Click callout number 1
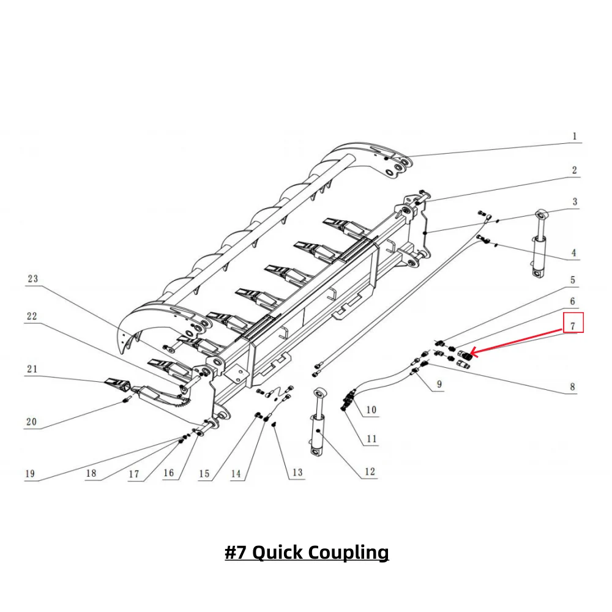click(x=574, y=136)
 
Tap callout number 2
click(x=574, y=170)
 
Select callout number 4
click(x=574, y=252)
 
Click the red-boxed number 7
click(x=573, y=325)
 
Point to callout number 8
click(x=573, y=387)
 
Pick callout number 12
click(x=370, y=472)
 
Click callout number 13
click(x=297, y=472)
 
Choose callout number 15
click(x=204, y=474)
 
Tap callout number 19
click(x=30, y=473)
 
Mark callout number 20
click(x=31, y=422)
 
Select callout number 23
click(x=32, y=279)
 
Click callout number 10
click(x=371, y=409)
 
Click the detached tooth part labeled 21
click(x=118, y=384)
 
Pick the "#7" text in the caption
click(x=236, y=553)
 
